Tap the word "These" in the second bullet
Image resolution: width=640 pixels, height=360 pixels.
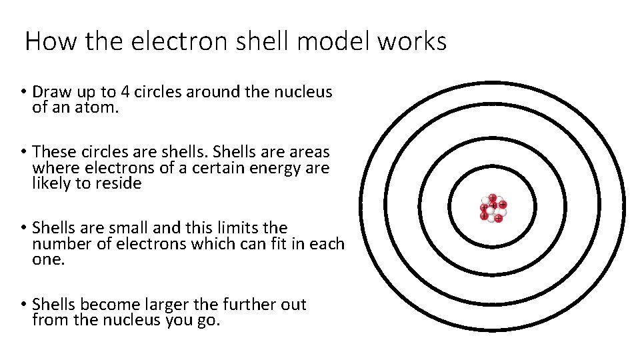pyautogui.click(x=53, y=153)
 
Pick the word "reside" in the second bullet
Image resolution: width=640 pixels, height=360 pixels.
pyautogui.click(x=119, y=183)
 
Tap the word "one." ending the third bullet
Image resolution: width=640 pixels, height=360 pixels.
pyautogui.click(x=49, y=259)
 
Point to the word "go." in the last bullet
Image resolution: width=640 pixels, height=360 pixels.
pyautogui.click(x=208, y=320)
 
